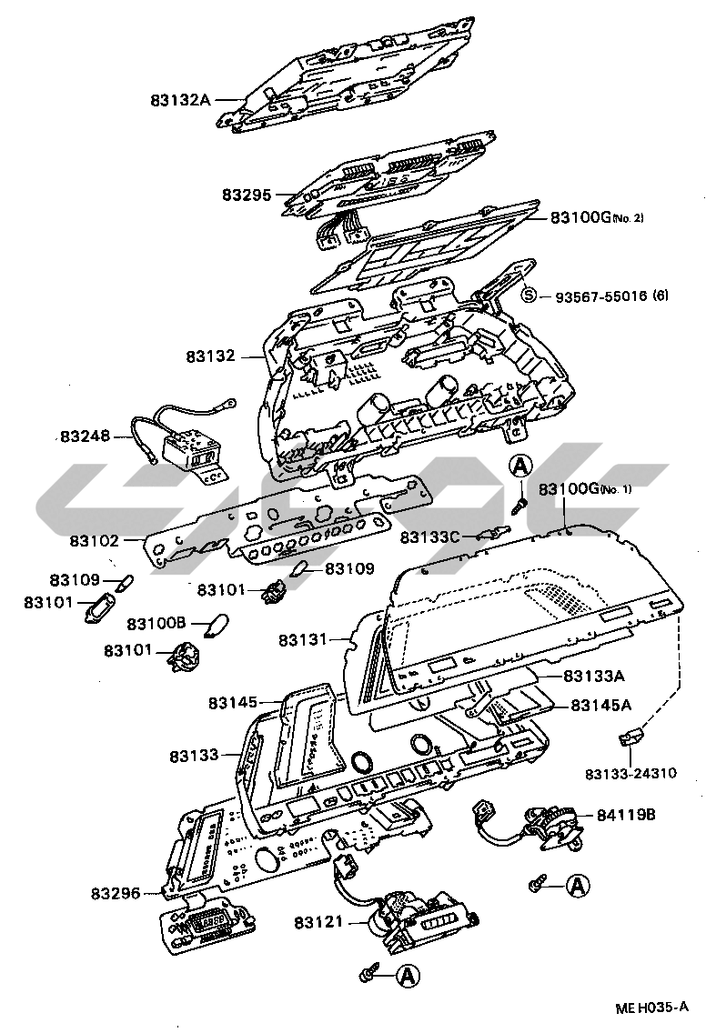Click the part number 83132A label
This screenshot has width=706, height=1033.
180,101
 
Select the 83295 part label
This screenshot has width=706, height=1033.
247,195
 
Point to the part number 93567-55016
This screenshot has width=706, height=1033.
601,296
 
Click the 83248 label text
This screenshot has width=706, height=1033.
86,436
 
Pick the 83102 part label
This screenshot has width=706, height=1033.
95,541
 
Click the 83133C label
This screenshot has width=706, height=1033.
429,537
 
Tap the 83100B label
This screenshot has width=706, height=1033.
156,623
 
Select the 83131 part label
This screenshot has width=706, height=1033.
303,639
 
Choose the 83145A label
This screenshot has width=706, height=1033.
600,705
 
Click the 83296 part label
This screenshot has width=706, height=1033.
116,893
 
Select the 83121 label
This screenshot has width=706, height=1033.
319,922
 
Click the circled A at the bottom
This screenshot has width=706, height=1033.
408,974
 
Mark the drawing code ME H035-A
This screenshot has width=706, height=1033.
651,1008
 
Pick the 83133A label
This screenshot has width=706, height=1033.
594,676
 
